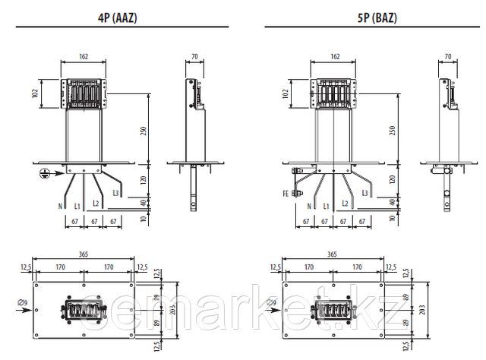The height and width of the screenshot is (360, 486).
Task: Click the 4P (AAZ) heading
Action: coord(117,17)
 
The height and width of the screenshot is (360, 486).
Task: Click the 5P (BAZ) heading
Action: coord(377,17)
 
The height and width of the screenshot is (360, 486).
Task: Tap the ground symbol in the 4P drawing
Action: coord(45,173)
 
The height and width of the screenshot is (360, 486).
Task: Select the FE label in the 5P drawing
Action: coord(286,194)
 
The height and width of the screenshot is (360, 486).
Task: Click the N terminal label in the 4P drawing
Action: coord(60,206)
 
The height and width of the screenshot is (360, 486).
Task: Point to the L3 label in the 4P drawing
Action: coord(115,193)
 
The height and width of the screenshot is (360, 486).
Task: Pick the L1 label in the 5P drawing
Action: coord(326,206)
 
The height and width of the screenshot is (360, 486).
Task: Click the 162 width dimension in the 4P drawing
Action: coord(84,56)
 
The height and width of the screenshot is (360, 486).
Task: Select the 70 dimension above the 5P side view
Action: coord(448,56)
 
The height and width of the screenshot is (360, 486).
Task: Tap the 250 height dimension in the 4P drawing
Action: coord(144,131)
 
